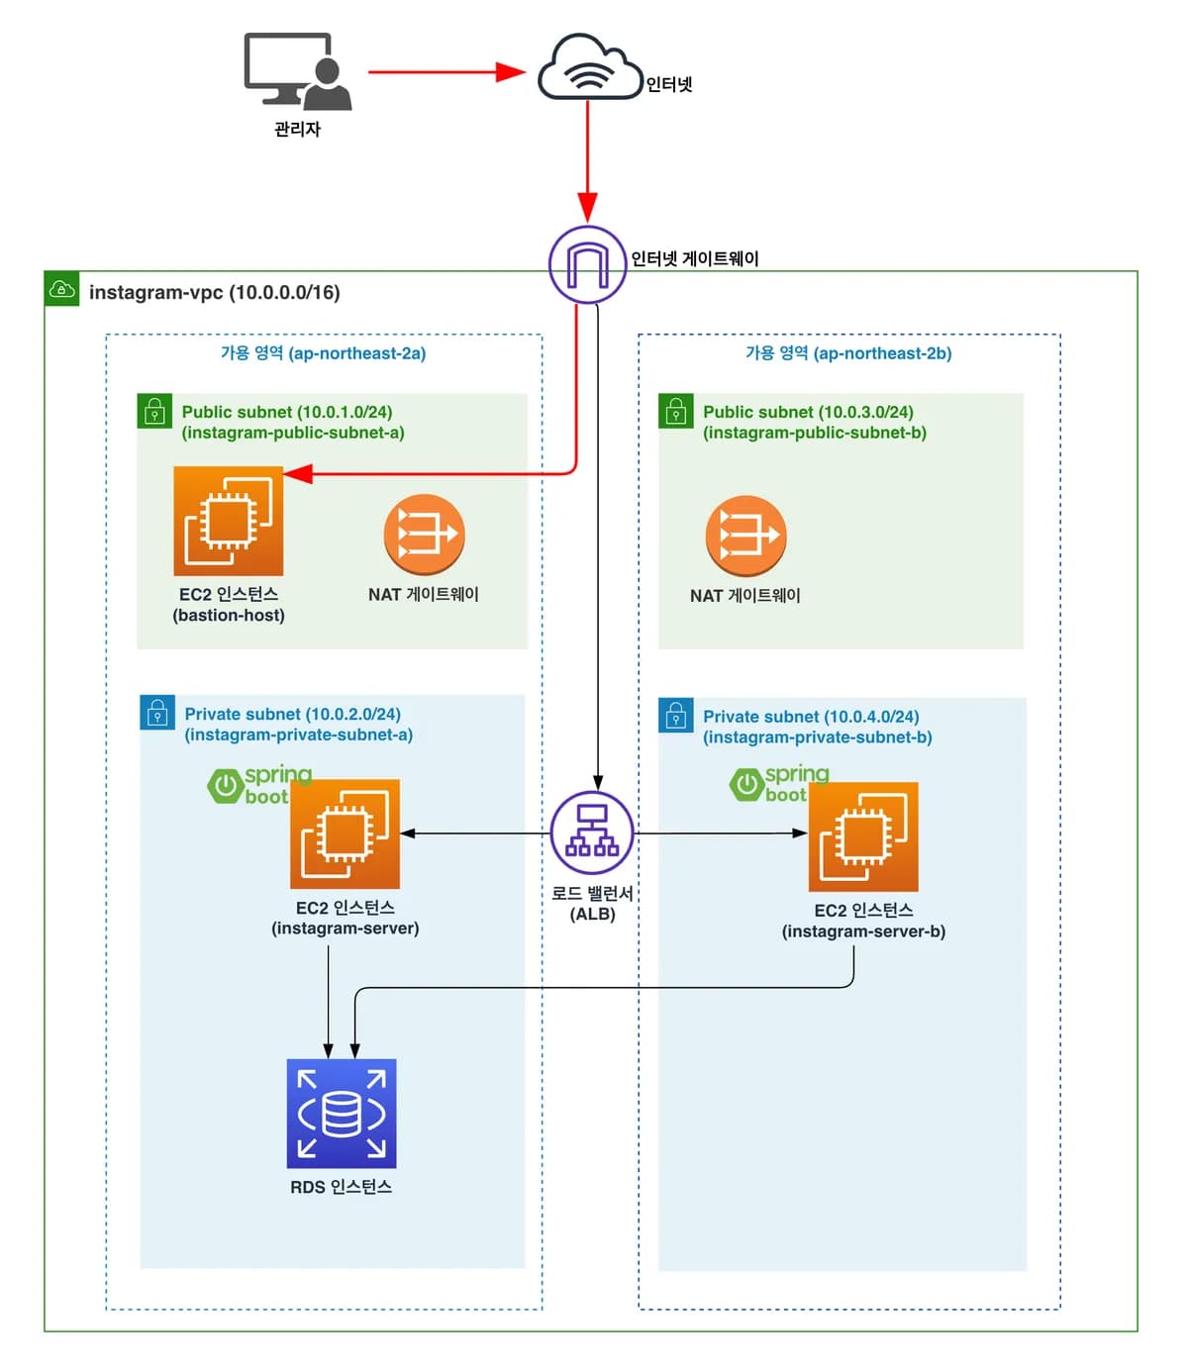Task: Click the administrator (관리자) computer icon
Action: pos(297,71)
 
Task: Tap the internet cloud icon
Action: pos(589,67)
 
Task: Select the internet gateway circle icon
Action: pos(587,264)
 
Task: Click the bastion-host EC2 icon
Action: pos(229,521)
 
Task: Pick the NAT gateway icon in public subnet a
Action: pos(424,535)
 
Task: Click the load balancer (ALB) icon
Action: pos(592,833)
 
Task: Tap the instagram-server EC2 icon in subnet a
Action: pos(345,833)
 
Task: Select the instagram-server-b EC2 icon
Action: pos(863,837)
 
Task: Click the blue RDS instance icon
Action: pos(342,1114)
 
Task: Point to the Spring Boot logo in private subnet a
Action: pos(259,785)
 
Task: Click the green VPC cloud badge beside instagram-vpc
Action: pos(61,289)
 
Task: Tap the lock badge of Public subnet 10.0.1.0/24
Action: pos(154,411)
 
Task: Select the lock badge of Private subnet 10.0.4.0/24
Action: pos(675,716)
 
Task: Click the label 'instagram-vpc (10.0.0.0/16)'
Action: pos(215,292)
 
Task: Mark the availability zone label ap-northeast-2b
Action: pos(848,353)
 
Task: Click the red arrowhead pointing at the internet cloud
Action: pos(511,71)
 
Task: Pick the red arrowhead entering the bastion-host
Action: pos(298,474)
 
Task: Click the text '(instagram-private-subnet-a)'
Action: pos(299,735)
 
